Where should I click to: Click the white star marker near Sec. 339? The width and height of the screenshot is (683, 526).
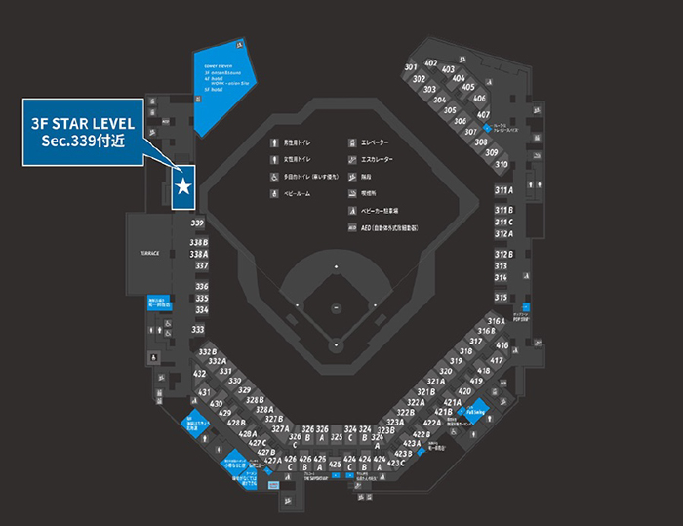(183, 185)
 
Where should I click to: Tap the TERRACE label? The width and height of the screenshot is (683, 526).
(149, 252)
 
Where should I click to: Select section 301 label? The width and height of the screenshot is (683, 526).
(411, 66)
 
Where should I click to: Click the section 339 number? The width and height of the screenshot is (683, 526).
(197, 223)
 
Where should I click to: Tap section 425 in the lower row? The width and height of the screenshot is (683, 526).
(336, 464)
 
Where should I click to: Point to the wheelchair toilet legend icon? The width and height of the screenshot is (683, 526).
(275, 177)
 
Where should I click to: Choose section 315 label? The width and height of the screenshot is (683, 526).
(501, 297)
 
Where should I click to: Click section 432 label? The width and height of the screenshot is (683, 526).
(199, 374)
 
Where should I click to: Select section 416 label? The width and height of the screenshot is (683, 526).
(502, 345)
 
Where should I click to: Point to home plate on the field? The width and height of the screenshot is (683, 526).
(336, 344)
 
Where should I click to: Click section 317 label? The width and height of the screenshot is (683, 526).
(476, 341)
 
